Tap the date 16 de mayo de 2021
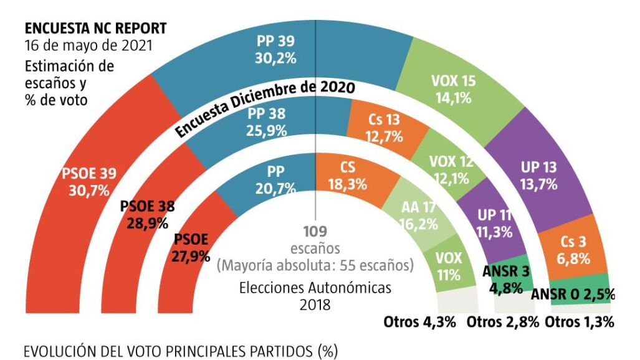pos(87,46)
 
